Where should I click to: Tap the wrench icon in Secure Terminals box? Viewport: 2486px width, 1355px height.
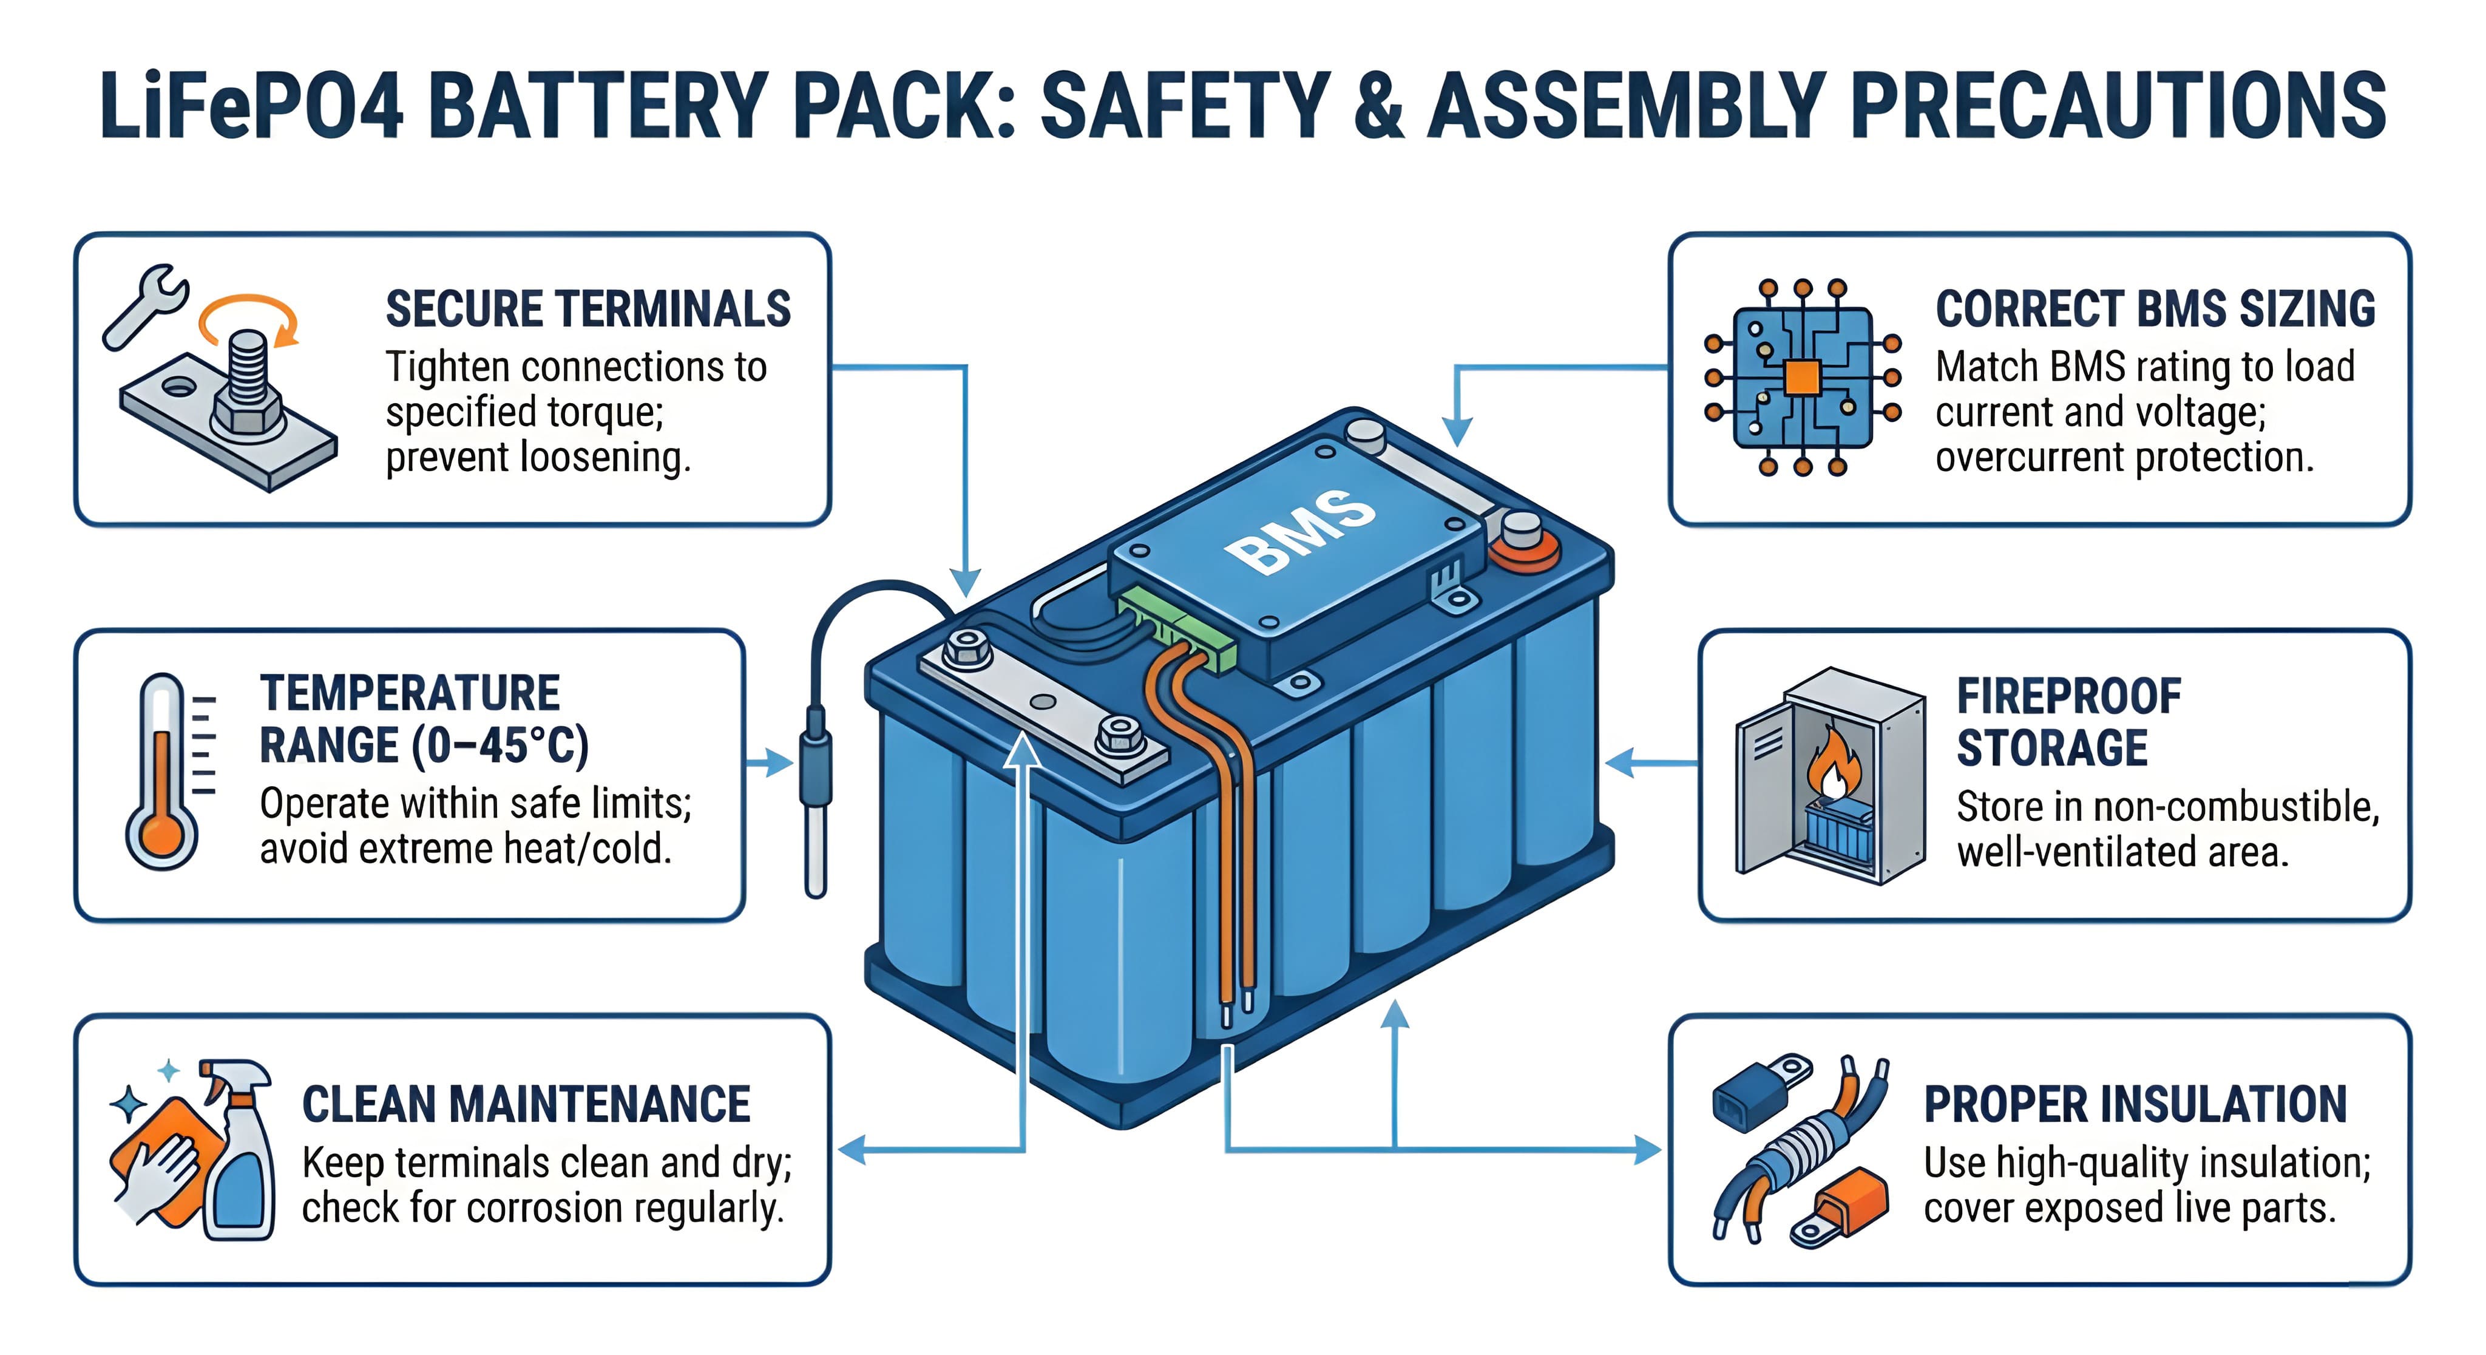tap(145, 304)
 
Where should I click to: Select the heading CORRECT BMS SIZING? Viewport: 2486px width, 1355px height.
tap(2154, 310)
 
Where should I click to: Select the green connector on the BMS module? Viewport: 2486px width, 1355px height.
tap(1179, 632)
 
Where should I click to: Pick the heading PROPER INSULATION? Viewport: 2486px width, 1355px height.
tap(2135, 1105)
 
